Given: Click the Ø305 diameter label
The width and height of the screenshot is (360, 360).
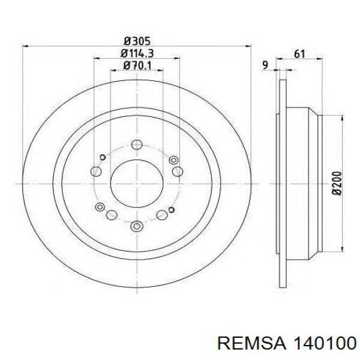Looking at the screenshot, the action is [137, 41].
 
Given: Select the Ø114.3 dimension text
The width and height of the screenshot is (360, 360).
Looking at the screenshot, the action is [137, 54].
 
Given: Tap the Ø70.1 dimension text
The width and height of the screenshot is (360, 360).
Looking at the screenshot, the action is [137, 65].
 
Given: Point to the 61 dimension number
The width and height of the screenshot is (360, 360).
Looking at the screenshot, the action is [299, 54].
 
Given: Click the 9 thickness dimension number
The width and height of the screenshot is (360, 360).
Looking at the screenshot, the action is [265, 65].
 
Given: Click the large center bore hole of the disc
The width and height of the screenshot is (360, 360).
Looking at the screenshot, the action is [137, 184].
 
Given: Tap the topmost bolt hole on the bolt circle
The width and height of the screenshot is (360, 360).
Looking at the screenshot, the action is [137, 145].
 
